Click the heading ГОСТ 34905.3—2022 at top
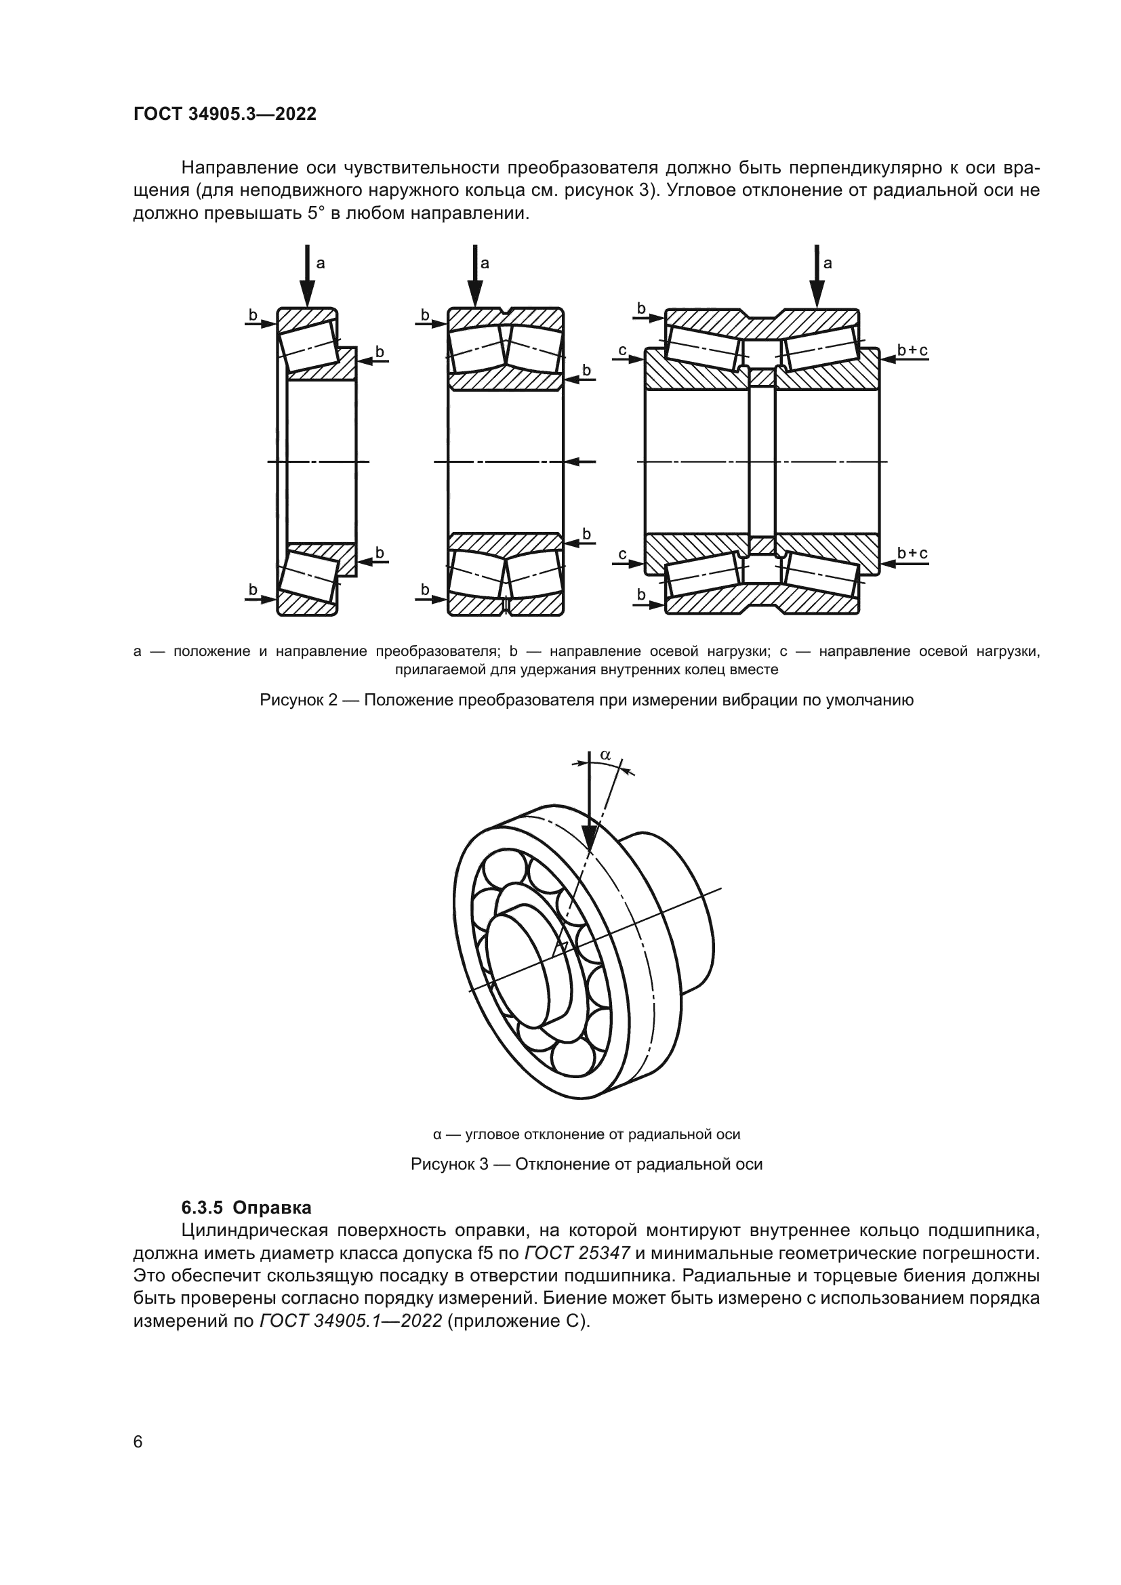pyautogui.click(x=224, y=114)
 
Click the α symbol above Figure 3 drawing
pyautogui.click(x=605, y=755)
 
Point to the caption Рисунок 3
pyautogui.click(x=586, y=1164)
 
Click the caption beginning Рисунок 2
pyautogui.click(x=586, y=700)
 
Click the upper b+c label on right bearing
pyautogui.click(x=912, y=351)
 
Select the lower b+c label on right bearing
pyautogui.click(x=912, y=553)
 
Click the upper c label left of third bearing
pyautogui.click(x=622, y=351)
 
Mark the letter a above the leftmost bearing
pyautogui.click(x=321, y=263)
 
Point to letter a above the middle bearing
pyautogui.click(x=485, y=263)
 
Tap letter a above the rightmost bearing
pyautogui.click(x=828, y=263)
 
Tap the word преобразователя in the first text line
pyautogui.click(x=585, y=168)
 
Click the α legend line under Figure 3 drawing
pyautogui.click(x=586, y=1134)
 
